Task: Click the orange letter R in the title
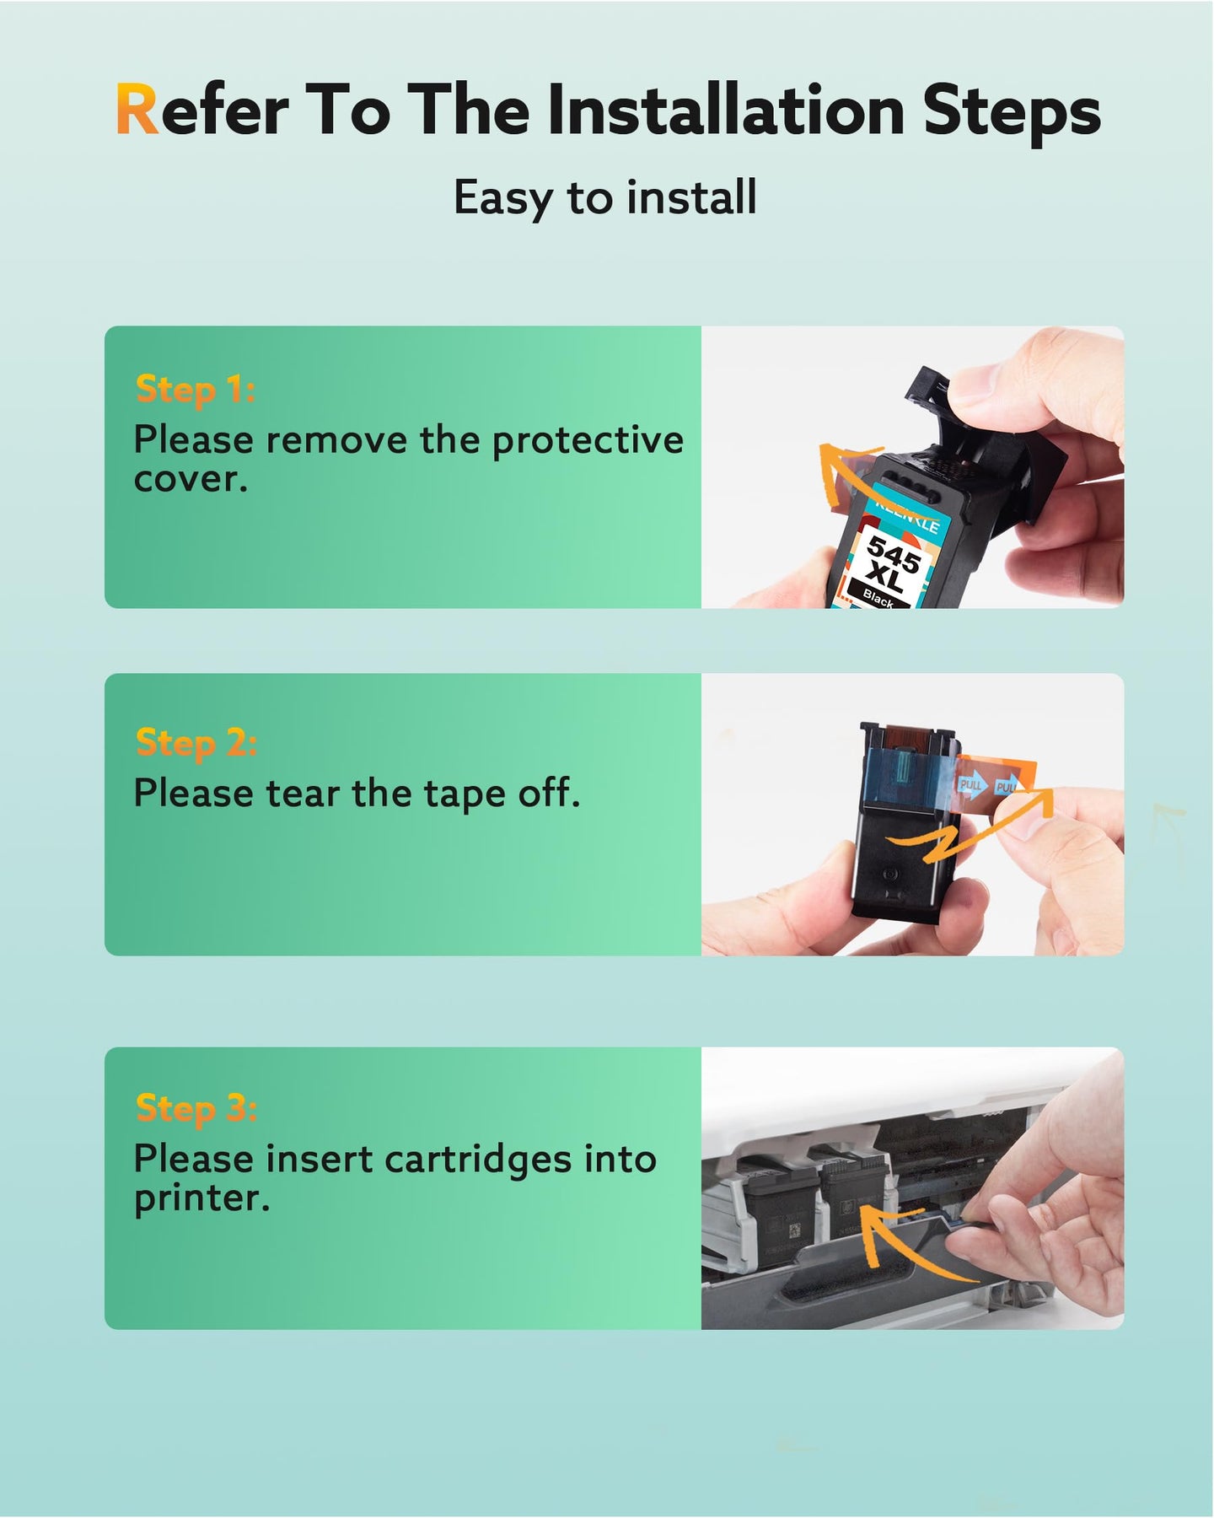(x=137, y=110)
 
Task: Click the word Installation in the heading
(x=726, y=109)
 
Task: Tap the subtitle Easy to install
(x=605, y=199)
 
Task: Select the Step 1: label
(x=196, y=390)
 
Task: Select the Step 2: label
(x=196, y=743)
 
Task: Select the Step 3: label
(x=196, y=1108)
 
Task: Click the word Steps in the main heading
(x=1013, y=110)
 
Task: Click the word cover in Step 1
(x=191, y=480)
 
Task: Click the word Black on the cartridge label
(x=878, y=597)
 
